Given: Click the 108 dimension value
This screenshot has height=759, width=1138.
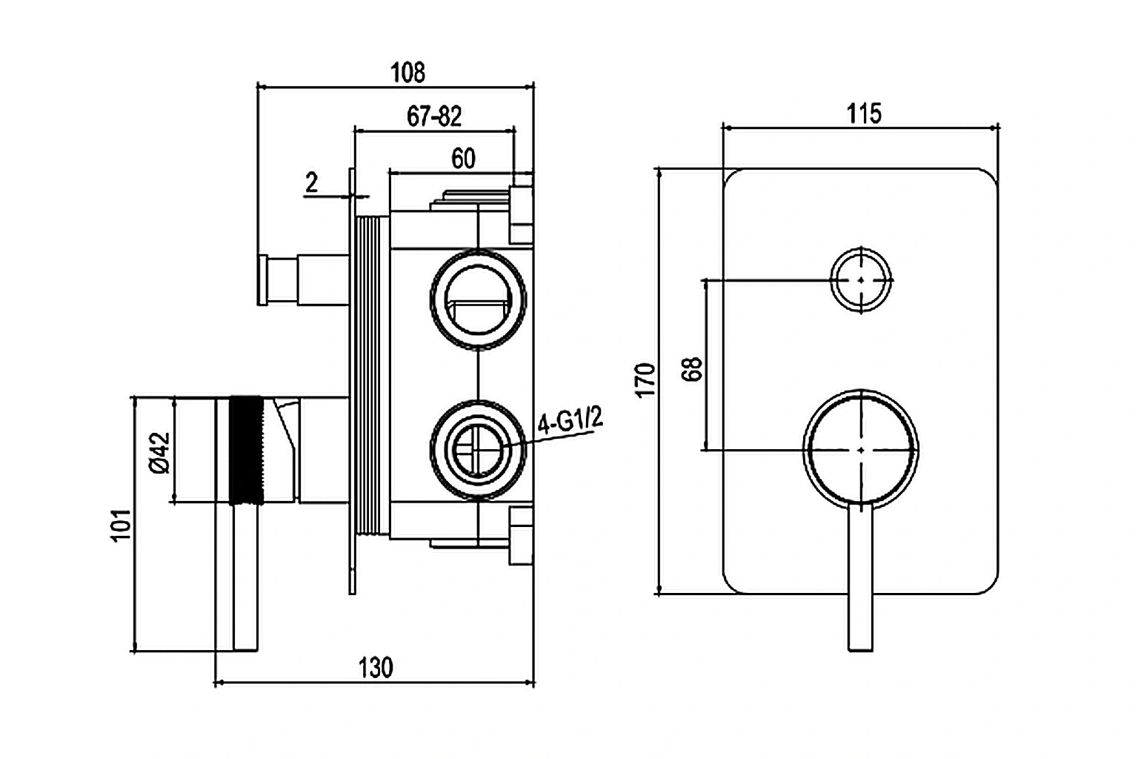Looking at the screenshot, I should tap(407, 73).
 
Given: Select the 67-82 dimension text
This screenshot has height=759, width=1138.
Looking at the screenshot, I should tap(434, 116).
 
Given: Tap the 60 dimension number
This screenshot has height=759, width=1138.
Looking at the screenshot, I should tap(463, 159).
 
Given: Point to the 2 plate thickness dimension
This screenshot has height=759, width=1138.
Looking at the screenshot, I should tap(312, 182).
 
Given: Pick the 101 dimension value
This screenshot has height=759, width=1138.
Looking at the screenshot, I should tap(122, 526).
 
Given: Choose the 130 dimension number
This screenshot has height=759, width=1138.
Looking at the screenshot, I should tap(376, 668).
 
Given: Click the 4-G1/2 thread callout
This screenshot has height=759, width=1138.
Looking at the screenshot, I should tap(570, 422).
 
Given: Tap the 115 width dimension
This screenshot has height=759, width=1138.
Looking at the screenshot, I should tap(864, 114).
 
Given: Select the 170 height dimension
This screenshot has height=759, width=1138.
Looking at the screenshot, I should tap(646, 379).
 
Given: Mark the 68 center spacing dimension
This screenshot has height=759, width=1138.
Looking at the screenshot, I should tap(693, 368).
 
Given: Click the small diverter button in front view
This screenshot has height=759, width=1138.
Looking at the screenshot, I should tap(860, 279).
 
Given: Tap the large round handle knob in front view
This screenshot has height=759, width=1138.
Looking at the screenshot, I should tap(861, 450).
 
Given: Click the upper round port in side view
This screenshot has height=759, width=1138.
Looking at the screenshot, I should tap(478, 299).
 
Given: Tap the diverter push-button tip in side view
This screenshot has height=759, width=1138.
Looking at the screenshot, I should tap(262, 279).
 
